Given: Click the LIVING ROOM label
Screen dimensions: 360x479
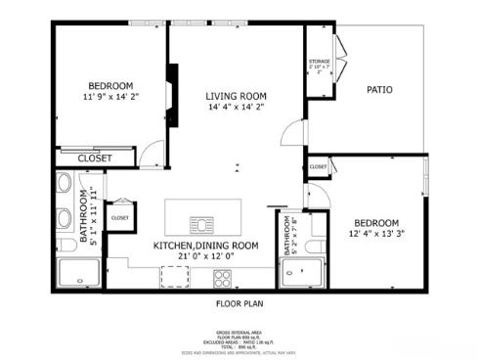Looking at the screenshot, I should (236, 96).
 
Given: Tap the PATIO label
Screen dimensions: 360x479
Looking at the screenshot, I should (379, 90).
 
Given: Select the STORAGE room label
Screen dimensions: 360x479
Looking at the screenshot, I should (320, 62).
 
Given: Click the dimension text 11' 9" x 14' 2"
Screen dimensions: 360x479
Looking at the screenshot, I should (111, 97).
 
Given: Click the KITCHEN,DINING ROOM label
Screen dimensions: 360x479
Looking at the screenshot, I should (205, 246).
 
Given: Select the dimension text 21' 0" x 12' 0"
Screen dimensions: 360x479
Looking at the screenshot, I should (205, 257).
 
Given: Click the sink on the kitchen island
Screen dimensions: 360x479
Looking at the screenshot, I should (200, 221).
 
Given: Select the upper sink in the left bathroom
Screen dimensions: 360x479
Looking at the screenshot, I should (63, 184).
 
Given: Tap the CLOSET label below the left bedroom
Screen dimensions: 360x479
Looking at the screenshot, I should (95, 157).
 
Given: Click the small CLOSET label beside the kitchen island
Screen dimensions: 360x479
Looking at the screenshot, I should (120, 218).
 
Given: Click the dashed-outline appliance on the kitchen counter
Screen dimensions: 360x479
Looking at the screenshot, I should (174, 275).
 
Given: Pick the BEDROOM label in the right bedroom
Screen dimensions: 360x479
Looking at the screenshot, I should (376, 222).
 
